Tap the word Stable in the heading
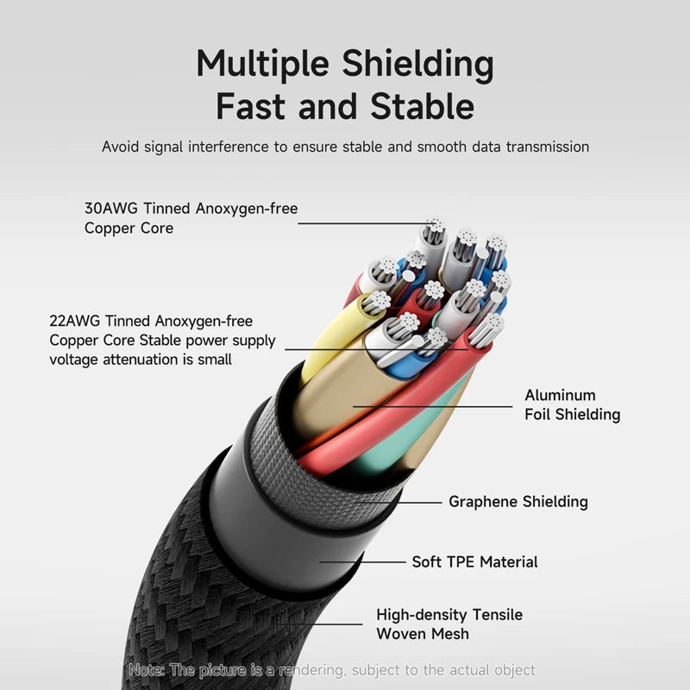(423, 107)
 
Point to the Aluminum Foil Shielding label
(572, 405)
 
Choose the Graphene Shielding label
(517, 501)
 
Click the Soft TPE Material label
(474, 561)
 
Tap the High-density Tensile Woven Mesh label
(448, 624)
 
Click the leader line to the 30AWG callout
(362, 224)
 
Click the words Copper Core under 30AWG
(128, 228)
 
